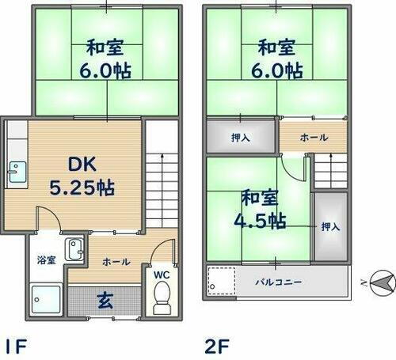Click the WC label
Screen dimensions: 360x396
[161, 275]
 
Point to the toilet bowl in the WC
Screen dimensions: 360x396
[161, 298]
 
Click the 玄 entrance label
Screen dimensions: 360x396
[105, 301]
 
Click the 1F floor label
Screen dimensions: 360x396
[17, 345]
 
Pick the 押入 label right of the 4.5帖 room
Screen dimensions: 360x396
[330, 226]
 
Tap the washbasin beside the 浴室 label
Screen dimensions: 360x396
[74, 250]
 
